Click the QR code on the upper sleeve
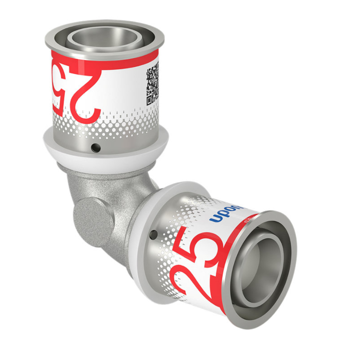tap(153, 85)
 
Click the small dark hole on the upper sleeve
tap(95, 149)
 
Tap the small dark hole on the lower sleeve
tap(153, 235)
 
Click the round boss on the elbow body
tap(92, 219)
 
